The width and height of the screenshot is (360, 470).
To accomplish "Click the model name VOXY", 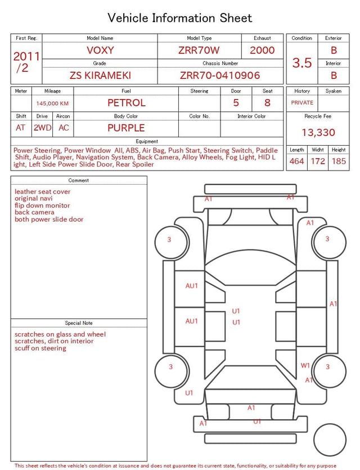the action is click(x=100, y=50).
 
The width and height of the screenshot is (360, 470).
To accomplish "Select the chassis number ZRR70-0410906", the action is click(x=220, y=75).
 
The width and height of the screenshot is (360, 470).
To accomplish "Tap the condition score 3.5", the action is click(x=302, y=62).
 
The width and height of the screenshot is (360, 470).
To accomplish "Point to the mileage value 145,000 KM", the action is click(x=52, y=104).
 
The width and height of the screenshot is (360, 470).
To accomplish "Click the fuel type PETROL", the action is click(x=127, y=103).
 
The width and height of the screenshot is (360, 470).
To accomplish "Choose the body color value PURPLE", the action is click(x=126, y=128).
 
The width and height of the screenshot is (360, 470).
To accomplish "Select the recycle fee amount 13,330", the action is click(x=318, y=132).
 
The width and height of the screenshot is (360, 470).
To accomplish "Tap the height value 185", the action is click(x=339, y=161).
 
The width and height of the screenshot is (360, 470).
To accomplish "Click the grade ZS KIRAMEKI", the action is click(x=100, y=75).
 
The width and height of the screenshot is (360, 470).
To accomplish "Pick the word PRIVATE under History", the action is click(x=302, y=102).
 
